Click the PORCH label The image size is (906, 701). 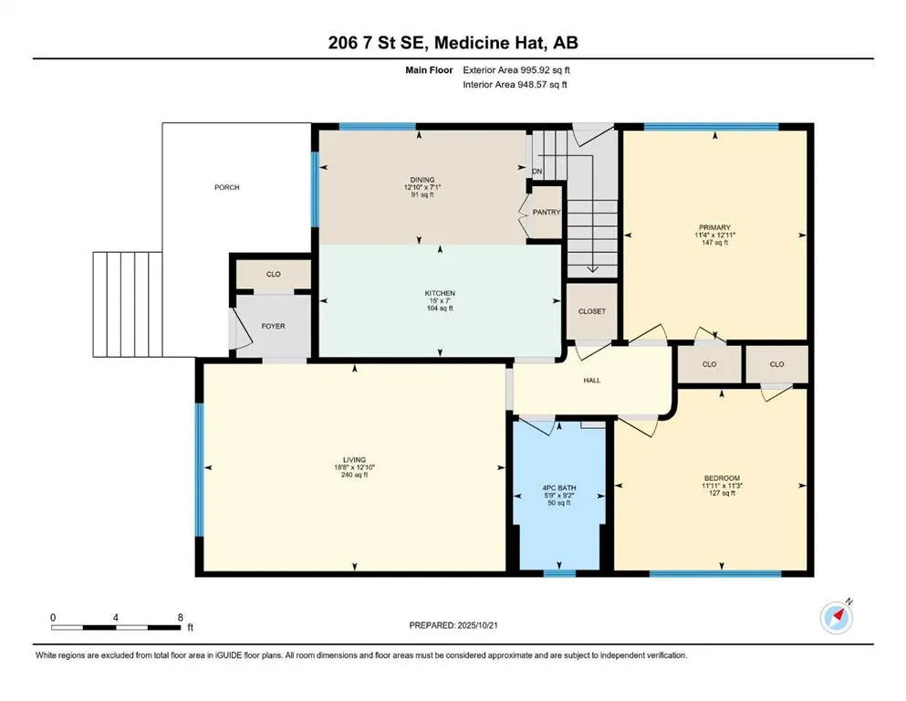click(226, 187)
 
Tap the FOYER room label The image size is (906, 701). click(274, 326)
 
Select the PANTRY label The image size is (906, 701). click(547, 212)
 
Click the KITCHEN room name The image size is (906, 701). click(440, 293)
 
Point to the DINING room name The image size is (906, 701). click(422, 180)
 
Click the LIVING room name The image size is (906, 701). click(354, 460)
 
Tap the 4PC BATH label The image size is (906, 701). click(558, 487)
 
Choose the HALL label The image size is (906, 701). click(591, 381)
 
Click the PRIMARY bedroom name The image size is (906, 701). click(714, 227)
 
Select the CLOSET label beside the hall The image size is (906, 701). click(592, 311)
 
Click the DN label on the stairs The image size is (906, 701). click(537, 172)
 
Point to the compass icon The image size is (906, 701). click(837, 617)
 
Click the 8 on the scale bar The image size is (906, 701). click(181, 617)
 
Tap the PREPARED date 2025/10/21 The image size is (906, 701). click(477, 625)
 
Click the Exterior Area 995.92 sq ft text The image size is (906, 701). click(516, 70)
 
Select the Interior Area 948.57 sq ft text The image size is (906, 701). click(515, 84)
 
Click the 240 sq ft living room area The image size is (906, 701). click(354, 475)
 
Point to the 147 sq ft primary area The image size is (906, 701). click(714, 243)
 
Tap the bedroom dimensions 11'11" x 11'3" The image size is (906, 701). click(722, 486)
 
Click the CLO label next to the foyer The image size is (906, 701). click(274, 274)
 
